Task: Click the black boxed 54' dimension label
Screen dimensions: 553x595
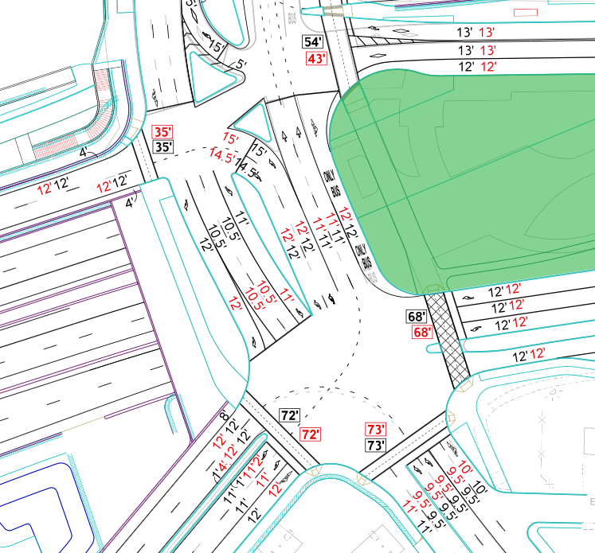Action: (x=315, y=42)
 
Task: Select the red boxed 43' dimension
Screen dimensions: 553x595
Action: (x=317, y=58)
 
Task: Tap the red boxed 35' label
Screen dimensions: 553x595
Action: (x=162, y=132)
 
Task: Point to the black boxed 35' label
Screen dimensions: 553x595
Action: (x=162, y=147)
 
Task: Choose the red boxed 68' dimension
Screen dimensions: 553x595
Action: (x=421, y=332)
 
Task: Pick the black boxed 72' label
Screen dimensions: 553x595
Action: (x=290, y=415)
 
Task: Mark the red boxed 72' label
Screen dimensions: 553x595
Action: (x=309, y=434)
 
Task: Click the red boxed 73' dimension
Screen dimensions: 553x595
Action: (x=375, y=429)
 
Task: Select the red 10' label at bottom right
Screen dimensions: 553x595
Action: (x=466, y=470)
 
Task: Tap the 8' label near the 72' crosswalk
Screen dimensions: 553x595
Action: (x=224, y=415)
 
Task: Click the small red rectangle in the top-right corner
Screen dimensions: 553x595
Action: (x=524, y=12)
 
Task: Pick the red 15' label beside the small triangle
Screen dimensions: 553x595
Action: (x=230, y=138)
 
